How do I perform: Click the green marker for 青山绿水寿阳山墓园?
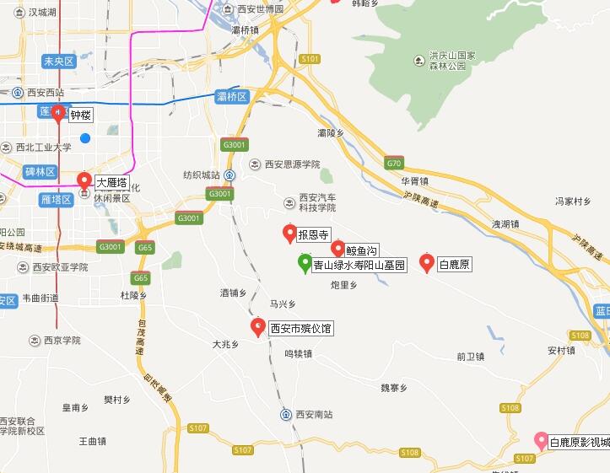(x=305, y=263)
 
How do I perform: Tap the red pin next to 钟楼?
(x=58, y=114)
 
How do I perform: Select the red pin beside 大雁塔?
(x=84, y=180)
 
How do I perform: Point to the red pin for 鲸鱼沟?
(x=338, y=249)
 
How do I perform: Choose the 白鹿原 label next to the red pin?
(x=455, y=265)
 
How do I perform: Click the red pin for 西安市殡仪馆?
(x=258, y=327)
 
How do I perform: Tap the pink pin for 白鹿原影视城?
(x=541, y=440)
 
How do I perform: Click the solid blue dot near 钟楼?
(x=84, y=137)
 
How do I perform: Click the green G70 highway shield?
(x=394, y=163)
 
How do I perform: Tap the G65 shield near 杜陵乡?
(x=140, y=278)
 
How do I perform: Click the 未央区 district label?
(x=59, y=61)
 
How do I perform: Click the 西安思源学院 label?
(x=291, y=164)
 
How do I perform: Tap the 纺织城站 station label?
(x=202, y=175)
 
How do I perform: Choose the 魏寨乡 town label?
(x=394, y=388)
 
